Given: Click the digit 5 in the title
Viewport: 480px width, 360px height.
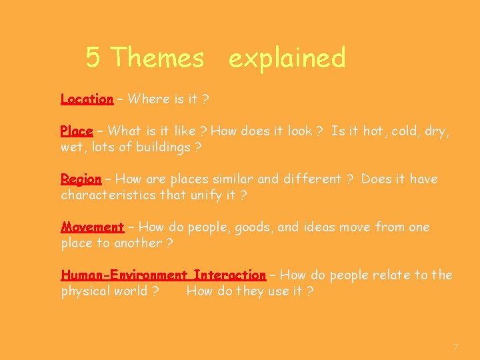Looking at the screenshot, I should coord(93,58).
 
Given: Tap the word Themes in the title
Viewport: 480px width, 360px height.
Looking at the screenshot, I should coord(158,58).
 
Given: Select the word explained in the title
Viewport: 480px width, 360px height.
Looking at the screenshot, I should coord(287,59).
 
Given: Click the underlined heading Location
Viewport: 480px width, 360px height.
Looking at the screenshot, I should coord(87,99).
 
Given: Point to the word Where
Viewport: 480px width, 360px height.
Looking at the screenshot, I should coord(149,99).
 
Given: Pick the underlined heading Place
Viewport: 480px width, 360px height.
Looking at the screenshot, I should coord(76,131).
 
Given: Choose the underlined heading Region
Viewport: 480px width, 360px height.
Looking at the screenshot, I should coord(81,179).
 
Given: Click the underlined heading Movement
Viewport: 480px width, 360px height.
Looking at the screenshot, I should coord(92,227).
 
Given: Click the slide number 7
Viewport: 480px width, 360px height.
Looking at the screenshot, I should coord(455,347).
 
